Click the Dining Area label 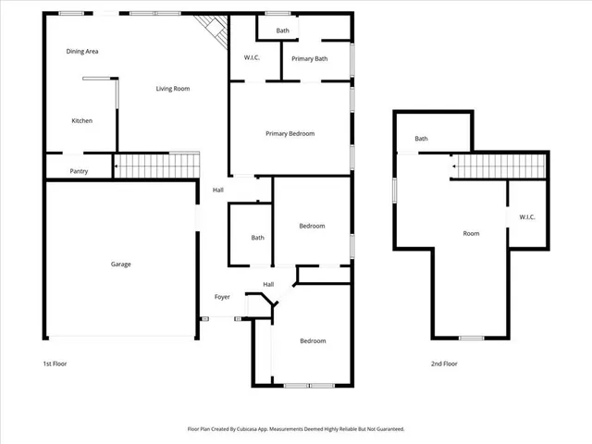(82, 52)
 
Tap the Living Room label (172, 89)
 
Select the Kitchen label (82, 121)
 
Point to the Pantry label (79, 171)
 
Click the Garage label (120, 265)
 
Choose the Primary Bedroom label (290, 134)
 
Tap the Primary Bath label (309, 59)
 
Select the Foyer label (222, 297)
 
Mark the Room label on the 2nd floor (471, 234)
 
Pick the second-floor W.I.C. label (527, 217)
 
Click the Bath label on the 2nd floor (421, 139)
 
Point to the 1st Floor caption (55, 364)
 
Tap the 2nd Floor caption (444, 364)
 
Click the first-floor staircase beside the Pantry (156, 166)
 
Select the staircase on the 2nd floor (500, 167)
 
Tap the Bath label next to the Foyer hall (257, 238)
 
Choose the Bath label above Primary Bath (282, 31)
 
